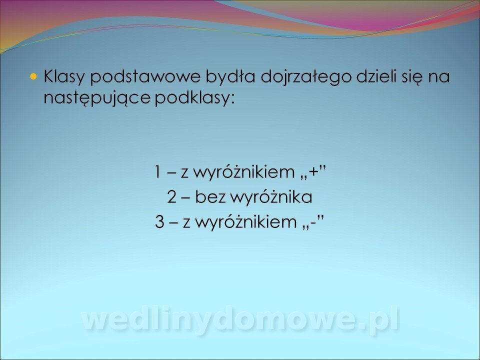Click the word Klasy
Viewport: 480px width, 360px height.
[63, 77]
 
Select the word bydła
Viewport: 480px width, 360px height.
[230, 77]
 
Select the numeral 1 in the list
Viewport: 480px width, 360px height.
[157, 171]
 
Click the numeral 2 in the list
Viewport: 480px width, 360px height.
[171, 197]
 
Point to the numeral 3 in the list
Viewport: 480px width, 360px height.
[159, 222]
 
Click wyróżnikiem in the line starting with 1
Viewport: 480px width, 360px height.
[244, 172]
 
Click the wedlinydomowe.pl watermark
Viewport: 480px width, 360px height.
[240, 320]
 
